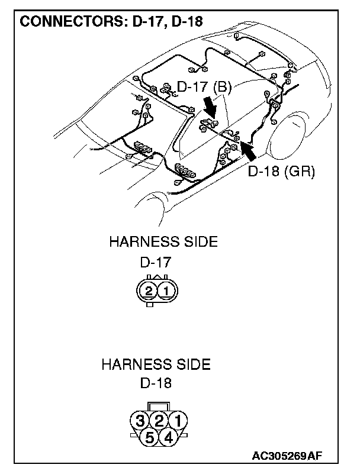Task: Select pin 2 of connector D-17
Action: (149, 291)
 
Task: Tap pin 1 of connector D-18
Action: (176, 421)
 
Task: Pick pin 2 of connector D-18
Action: (158, 421)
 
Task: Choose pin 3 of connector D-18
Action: (140, 421)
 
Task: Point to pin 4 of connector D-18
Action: (168, 438)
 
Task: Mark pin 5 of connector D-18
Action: (149, 438)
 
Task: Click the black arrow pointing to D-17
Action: (208, 109)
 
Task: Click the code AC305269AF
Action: (287, 456)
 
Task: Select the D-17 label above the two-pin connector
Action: (156, 262)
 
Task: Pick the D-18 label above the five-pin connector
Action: (156, 383)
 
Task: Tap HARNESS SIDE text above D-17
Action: (163, 242)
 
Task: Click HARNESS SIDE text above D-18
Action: (156, 364)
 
